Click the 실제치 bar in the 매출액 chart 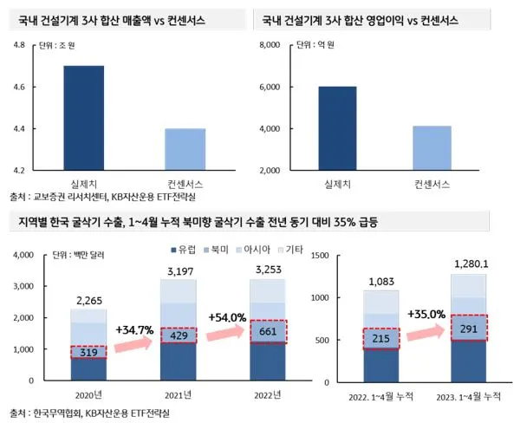(84, 118)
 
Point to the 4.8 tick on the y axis (18, 45)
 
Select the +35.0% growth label (425, 314)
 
